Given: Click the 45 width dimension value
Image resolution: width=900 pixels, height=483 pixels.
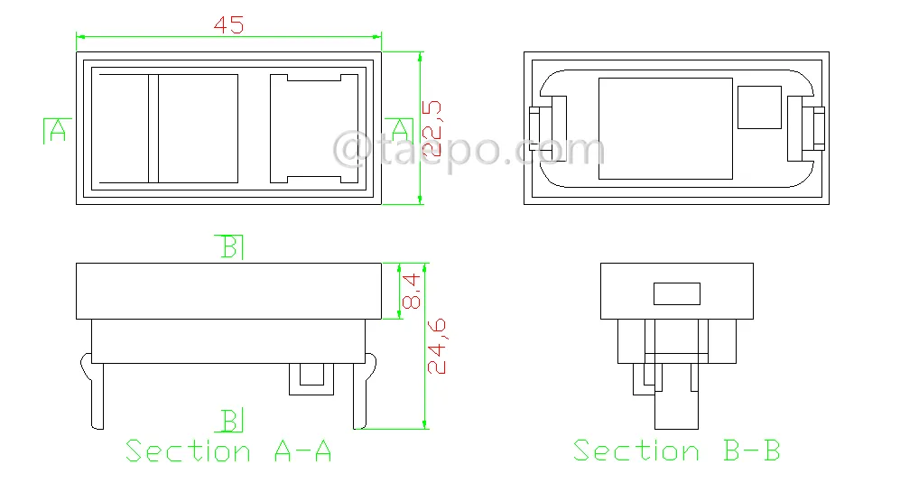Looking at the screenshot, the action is pos(228,24).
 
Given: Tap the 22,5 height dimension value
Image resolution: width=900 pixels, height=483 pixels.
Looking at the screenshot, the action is pos(432,128).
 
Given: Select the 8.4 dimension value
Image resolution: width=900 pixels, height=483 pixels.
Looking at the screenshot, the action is pos(411,292).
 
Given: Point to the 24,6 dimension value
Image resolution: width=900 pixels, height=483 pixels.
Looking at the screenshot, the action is pos(437,347).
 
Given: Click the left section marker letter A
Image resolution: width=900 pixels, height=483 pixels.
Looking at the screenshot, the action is pos(58,131).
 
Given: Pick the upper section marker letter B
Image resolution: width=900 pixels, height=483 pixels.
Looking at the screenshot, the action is pos(229,247).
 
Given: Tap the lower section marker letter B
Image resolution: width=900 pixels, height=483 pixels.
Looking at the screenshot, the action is pos(229,421).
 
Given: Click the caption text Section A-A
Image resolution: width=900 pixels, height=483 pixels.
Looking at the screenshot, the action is pos(228,450).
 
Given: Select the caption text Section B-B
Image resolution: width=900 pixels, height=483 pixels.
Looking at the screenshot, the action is pos(677,450).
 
